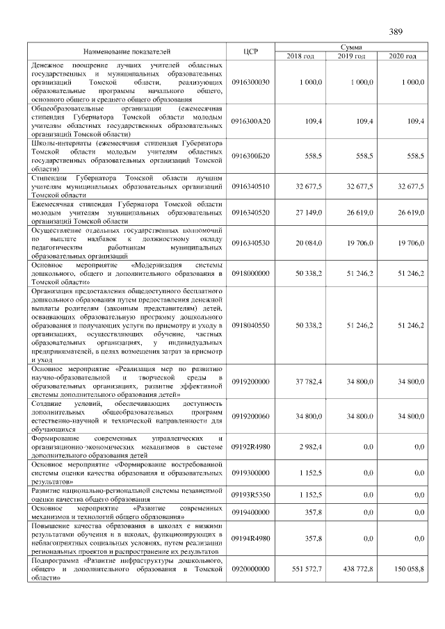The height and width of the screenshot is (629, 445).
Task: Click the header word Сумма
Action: [x=352, y=46]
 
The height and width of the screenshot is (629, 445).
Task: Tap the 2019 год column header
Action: [x=352, y=56]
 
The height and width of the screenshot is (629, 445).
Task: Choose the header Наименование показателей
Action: [x=127, y=51]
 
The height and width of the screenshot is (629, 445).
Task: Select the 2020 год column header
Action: [x=403, y=56]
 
